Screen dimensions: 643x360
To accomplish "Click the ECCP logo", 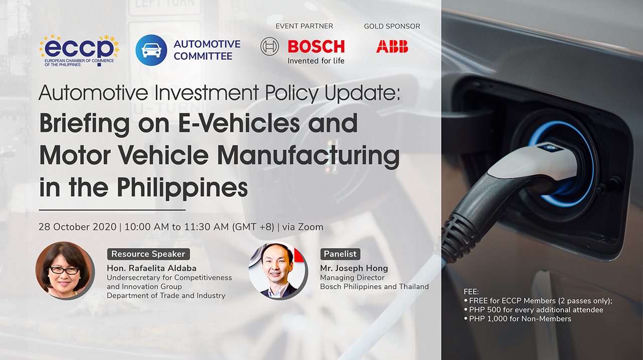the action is point(79,51).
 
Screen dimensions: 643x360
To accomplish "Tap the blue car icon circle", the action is point(151,50).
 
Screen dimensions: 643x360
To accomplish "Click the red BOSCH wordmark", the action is point(316,47).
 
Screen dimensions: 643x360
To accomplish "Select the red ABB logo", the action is point(392,47).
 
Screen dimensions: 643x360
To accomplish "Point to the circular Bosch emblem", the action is point(270,47).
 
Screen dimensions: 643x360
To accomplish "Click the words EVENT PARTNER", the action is point(304,26).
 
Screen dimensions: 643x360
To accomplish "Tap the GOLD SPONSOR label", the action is point(392,27).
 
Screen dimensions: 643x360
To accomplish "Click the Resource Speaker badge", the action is point(148,254).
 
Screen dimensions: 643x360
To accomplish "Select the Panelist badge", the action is point(340,254).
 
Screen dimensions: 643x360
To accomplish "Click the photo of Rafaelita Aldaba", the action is point(65,270).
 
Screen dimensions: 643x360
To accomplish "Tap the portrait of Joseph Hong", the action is point(278,271).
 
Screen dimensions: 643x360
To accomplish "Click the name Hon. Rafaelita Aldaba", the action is point(152,268).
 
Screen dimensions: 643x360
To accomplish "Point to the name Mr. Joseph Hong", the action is point(354,269).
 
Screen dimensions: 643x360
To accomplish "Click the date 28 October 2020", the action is point(77,227).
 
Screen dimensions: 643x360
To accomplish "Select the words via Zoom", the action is point(302,227).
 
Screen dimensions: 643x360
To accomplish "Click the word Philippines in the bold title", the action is point(182,188).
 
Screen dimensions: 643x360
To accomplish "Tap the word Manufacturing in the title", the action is point(308,156).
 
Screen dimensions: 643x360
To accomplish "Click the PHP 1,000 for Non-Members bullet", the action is point(517,319).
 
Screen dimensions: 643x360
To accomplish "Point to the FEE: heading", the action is point(471,292).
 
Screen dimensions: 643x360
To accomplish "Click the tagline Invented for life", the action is point(316,61).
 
